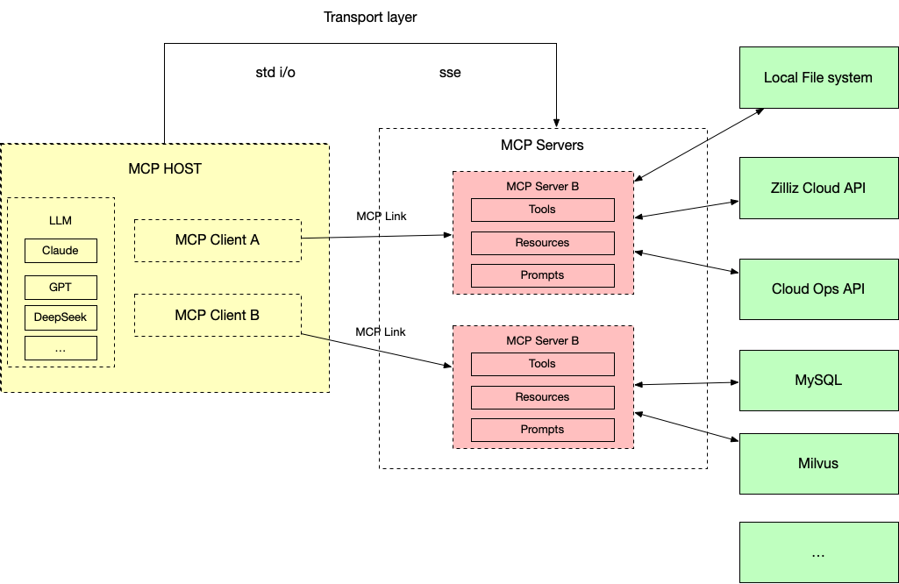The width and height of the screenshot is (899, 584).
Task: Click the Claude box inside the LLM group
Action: tap(61, 251)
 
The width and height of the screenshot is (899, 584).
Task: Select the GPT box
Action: tap(61, 288)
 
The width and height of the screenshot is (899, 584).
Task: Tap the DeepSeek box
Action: tap(61, 317)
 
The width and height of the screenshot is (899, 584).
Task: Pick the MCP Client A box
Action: tap(217, 240)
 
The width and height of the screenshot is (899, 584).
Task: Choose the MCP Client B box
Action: tap(217, 316)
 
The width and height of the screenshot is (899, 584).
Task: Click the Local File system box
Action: tap(817, 77)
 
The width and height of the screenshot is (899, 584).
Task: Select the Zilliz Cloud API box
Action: tap(817, 188)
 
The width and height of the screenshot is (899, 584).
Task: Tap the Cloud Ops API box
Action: tap(817, 288)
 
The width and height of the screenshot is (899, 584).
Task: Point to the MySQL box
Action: tap(817, 381)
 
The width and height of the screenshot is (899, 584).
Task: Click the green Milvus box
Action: tap(817, 463)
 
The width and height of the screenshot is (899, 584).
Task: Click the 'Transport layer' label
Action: tap(370, 18)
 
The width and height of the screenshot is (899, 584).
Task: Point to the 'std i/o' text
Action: tap(275, 73)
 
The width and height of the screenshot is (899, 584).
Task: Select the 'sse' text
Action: tap(450, 73)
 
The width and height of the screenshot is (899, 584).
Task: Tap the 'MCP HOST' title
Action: tap(165, 168)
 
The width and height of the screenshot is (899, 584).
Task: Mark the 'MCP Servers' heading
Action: tap(542, 145)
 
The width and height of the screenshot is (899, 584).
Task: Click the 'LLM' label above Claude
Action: tap(61, 220)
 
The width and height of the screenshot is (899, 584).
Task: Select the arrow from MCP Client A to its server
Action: tap(377, 236)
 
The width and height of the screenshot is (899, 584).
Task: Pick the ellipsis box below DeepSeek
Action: tap(61, 348)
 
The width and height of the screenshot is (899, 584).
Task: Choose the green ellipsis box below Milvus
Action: tap(817, 552)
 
